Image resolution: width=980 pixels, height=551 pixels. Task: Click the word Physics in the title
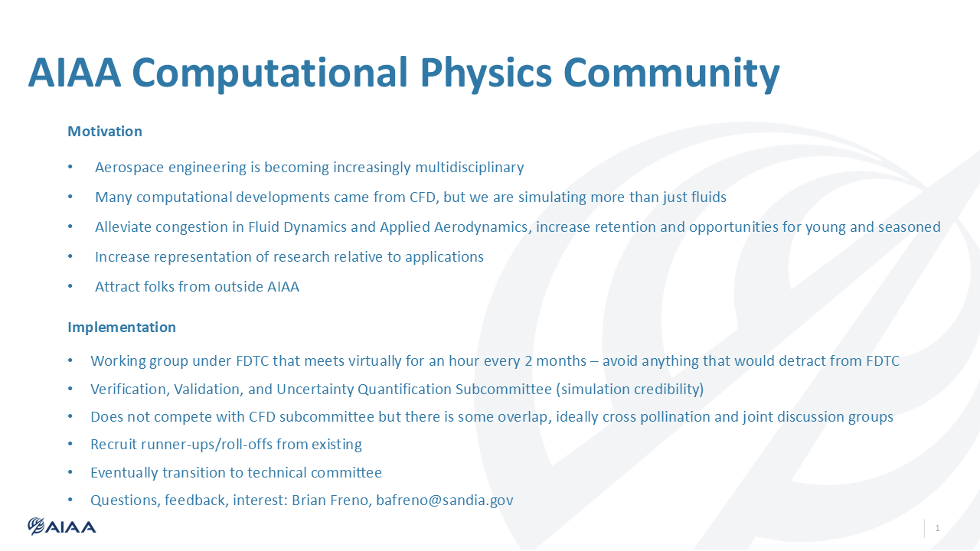point(485,73)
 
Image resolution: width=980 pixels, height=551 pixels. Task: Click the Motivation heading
point(105,131)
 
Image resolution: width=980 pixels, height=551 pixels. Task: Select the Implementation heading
point(122,328)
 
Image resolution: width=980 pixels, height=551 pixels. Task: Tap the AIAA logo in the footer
point(62,527)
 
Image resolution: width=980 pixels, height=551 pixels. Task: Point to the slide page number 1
point(937,528)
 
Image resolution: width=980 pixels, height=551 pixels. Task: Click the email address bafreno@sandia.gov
point(445,500)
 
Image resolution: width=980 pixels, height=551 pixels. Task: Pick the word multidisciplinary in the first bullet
point(469,168)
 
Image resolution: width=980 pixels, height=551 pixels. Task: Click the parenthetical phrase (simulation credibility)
point(630,390)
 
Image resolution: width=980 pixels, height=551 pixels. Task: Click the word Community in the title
point(672,73)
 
